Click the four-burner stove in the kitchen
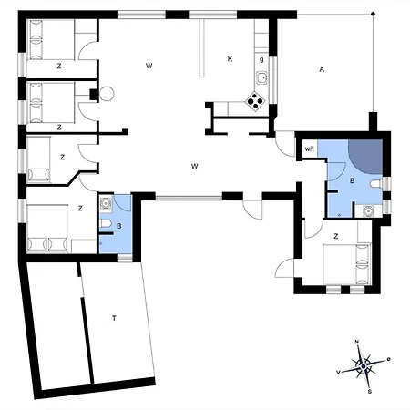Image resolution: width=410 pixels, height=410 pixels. [255, 101]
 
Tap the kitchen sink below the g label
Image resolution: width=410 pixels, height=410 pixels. [261, 78]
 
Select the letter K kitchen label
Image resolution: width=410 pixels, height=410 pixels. [230, 59]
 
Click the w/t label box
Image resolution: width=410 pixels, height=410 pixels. [310, 149]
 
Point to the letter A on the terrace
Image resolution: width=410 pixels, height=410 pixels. [322, 69]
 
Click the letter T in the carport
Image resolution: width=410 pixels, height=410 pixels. [114, 318]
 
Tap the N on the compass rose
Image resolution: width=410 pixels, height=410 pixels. [357, 342]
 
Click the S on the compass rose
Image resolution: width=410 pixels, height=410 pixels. [370, 392]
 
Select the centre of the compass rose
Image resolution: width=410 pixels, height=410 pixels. [364, 367]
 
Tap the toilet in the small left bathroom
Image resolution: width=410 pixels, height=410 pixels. [105, 224]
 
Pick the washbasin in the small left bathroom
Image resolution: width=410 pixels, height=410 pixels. [106, 202]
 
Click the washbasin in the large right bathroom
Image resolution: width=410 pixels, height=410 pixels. [368, 210]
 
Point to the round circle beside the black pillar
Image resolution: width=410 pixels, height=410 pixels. [107, 94]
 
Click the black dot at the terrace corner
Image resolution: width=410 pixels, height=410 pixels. [374, 14]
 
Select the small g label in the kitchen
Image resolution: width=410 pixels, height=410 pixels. [261, 60]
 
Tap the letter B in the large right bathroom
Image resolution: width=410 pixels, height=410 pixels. [353, 181]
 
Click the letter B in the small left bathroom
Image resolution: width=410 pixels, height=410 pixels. [119, 226]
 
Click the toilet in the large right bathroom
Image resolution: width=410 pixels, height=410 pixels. [376, 184]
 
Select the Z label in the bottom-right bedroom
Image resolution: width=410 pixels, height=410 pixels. [336, 236]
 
